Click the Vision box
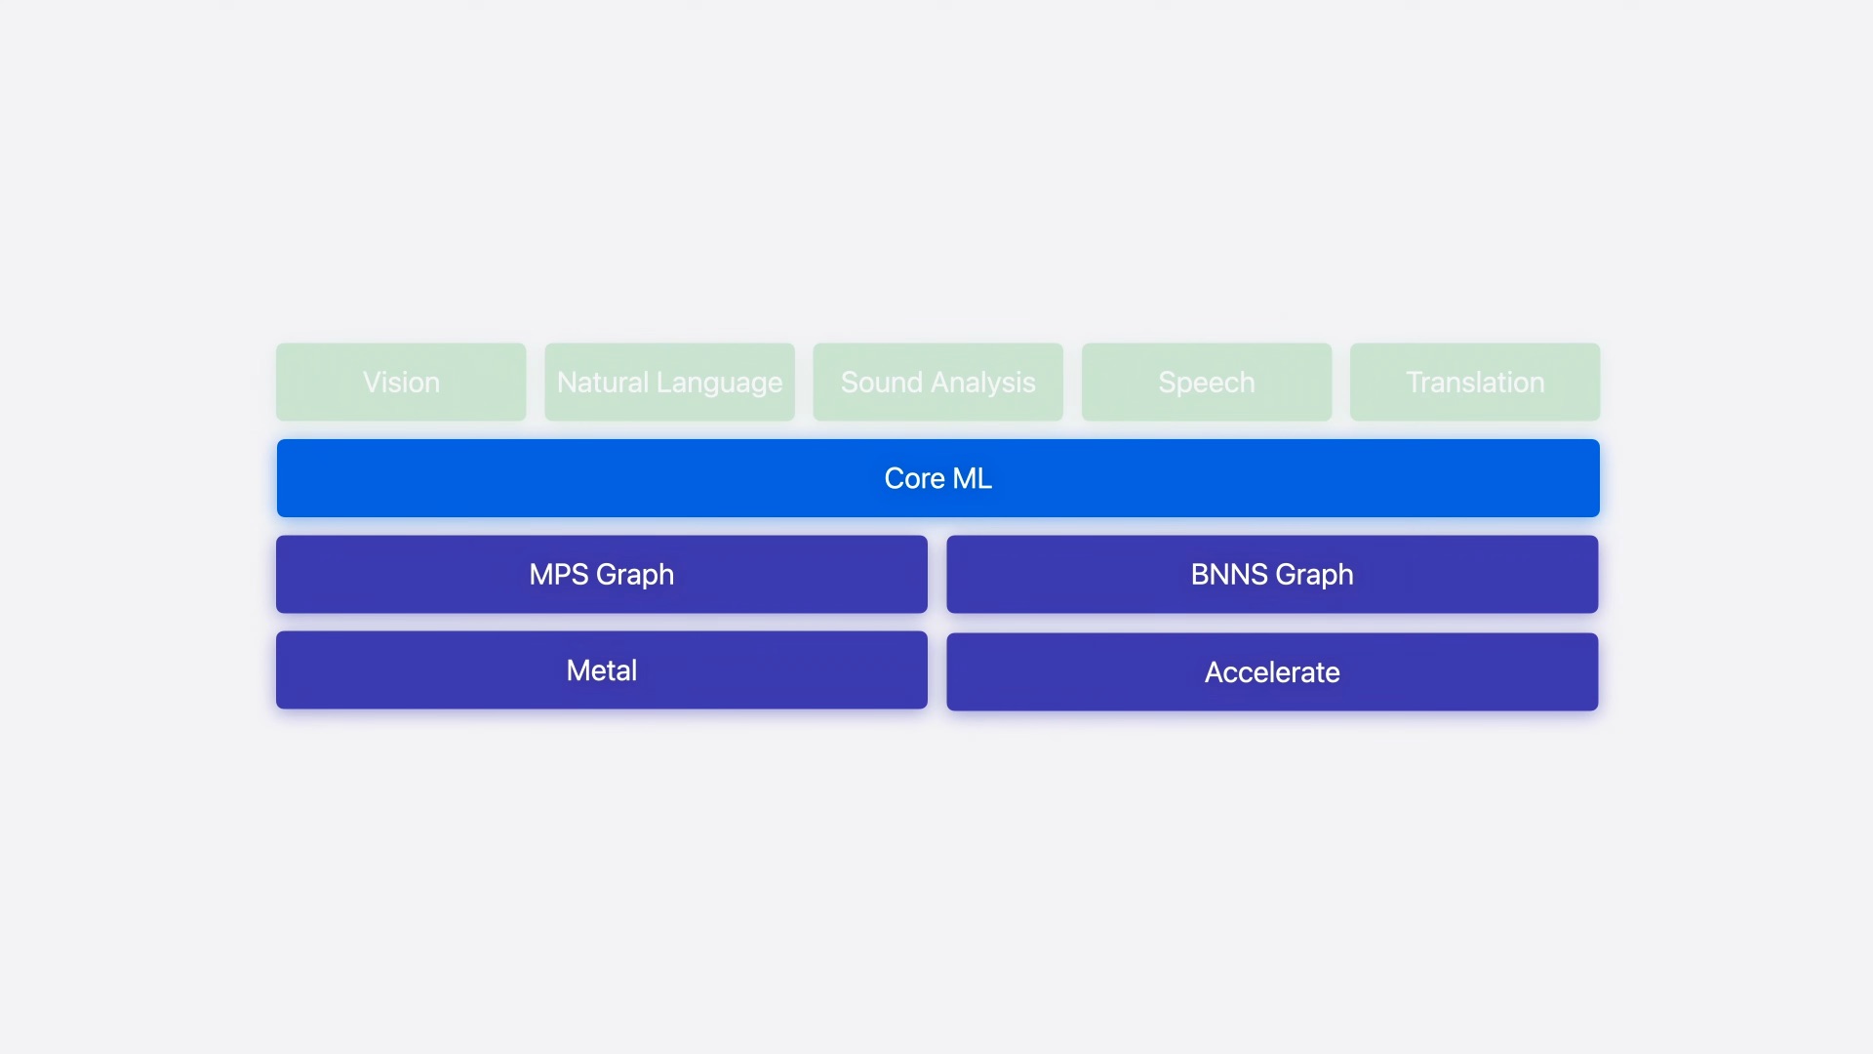coord(401,382)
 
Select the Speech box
coord(1207,382)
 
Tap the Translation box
coord(1475,382)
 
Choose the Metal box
coord(602,670)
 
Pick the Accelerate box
coord(1272,672)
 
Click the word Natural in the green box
coord(603,382)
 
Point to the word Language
coord(720,384)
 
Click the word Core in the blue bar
coord(914,478)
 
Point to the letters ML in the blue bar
coord(973,478)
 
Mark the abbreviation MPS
coord(559,574)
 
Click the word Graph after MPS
coord(635,576)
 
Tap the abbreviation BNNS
coord(1229,574)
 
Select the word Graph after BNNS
coord(1314,576)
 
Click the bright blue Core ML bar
coord(938,478)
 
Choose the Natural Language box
coord(670,382)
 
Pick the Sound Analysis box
coord(938,382)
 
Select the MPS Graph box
coord(602,574)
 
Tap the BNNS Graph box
coord(1272,574)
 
